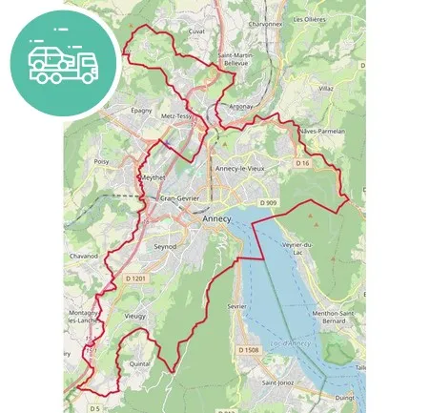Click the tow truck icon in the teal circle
[63, 63]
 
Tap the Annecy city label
[217, 218]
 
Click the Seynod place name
[166, 245]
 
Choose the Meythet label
[153, 178]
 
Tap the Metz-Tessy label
[180, 116]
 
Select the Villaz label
[326, 87]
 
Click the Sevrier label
[237, 306]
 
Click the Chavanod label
[84, 256]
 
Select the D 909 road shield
[268, 203]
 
